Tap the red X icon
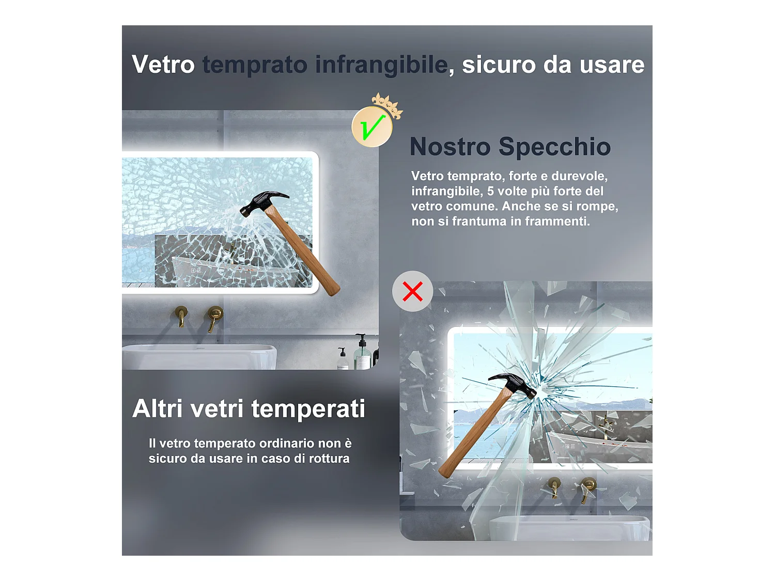[x=412, y=291]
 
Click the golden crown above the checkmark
[x=387, y=106]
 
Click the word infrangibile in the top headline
[x=382, y=65]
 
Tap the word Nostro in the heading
[x=450, y=147]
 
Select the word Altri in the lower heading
[x=158, y=409]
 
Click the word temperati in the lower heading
[x=308, y=409]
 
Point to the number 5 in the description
[x=490, y=191]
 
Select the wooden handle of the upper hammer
[x=301, y=251]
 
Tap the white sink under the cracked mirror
[x=199, y=357]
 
